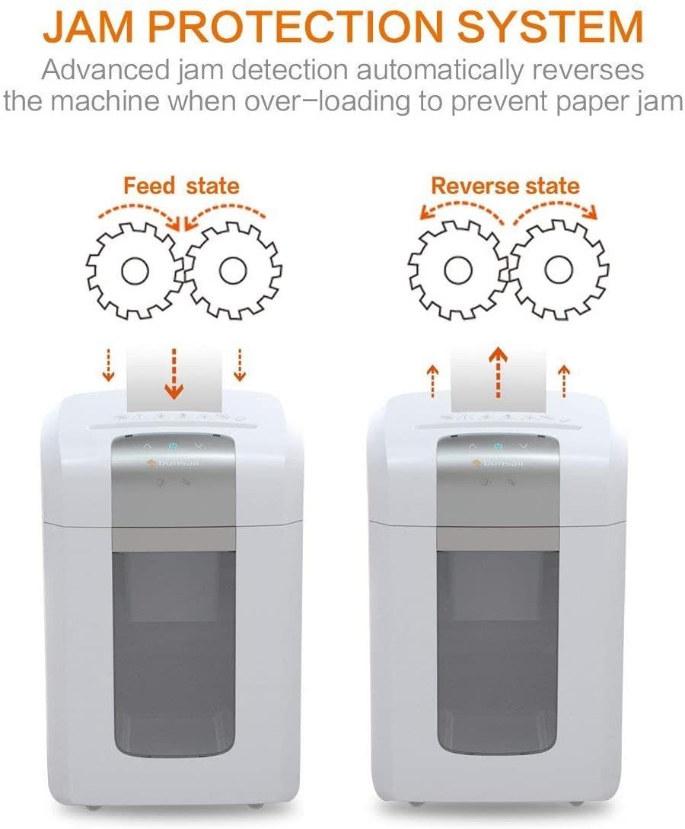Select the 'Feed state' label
coord(181,186)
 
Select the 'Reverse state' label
coord(505,186)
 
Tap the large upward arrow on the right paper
coord(497,372)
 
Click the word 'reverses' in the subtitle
coord(586,70)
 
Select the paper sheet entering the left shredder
coord(174,380)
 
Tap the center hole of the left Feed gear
coord(135,271)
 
